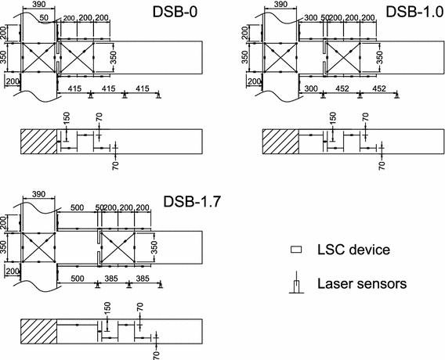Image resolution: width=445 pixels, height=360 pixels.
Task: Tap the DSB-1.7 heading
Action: pos(192,201)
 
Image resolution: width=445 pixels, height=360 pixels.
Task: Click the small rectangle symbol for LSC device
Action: pos(295,250)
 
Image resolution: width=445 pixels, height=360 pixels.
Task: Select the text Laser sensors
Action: pos(360,284)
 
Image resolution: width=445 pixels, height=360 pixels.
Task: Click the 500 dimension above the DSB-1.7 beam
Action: pos(77,207)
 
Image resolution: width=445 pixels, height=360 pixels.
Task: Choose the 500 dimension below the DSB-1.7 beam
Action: pos(77,278)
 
